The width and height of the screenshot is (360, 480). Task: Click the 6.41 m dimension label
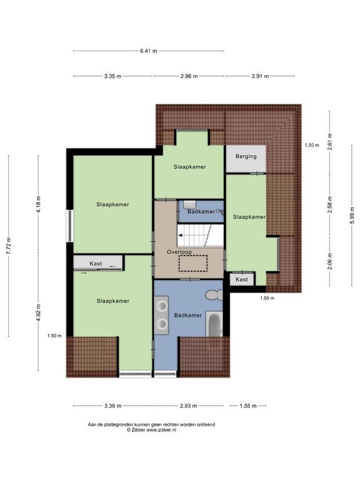[x=149, y=51]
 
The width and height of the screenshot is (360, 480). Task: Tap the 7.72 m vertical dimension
[x=9, y=246]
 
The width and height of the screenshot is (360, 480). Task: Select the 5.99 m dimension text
[x=352, y=215]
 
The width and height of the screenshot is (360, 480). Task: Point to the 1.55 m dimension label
[x=248, y=406]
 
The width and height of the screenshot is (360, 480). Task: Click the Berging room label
[x=246, y=156]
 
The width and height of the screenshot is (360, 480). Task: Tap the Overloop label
[x=179, y=252]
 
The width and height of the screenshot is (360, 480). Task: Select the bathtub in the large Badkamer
[x=214, y=324]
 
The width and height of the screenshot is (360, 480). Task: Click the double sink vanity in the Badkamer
[x=161, y=315]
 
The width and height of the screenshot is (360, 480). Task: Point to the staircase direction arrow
[x=181, y=236]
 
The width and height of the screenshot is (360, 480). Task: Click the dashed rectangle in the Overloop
[x=193, y=263]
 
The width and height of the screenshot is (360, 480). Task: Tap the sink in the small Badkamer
[x=191, y=204]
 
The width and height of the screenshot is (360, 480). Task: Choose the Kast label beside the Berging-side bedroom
[x=242, y=279]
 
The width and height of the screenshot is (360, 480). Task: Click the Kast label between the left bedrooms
[x=96, y=264]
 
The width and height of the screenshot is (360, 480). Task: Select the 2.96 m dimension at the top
[x=189, y=76]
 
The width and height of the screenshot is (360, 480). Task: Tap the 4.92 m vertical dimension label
[x=39, y=312]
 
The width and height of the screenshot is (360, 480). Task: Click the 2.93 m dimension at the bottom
[x=188, y=406]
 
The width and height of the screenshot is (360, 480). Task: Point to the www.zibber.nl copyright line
[x=151, y=430]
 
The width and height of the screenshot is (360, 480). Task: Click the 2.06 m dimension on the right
[x=330, y=261]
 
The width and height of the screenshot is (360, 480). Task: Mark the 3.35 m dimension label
[x=112, y=76]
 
